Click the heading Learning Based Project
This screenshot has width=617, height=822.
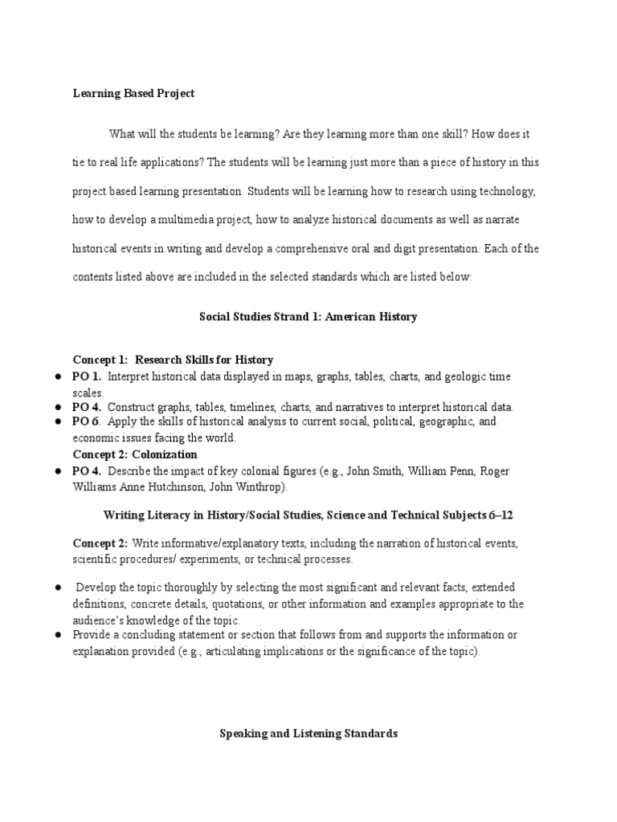point(133,94)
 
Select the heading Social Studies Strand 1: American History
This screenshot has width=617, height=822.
point(308,317)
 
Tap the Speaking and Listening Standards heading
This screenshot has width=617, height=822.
point(308,734)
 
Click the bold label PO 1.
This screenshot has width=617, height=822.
point(87,376)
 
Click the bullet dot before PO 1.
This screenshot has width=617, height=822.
point(59,376)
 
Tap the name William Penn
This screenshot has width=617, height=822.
point(445,470)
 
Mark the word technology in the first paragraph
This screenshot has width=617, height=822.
point(500,192)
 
